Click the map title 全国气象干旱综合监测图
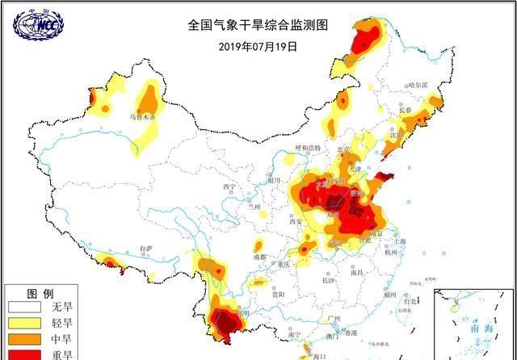coord(258,25)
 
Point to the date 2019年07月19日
coord(258,46)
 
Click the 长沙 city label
coord(327,281)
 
